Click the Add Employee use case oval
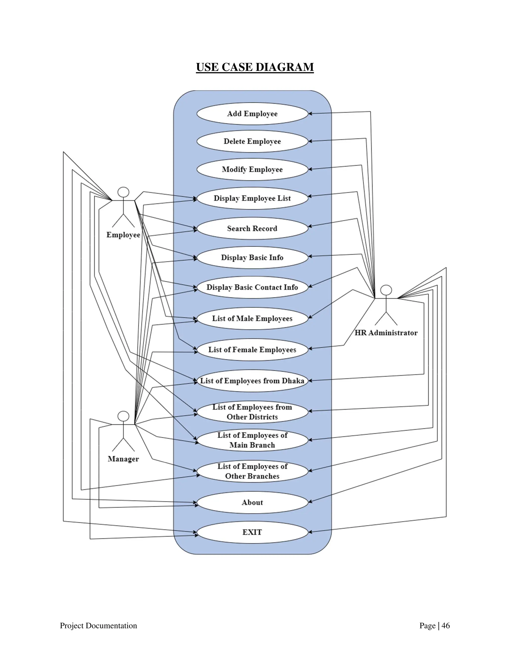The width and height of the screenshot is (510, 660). [x=252, y=114]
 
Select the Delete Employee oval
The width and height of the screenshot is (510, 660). [x=252, y=141]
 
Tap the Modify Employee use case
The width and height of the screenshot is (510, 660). [x=252, y=170]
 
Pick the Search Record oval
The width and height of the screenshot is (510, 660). [x=252, y=228]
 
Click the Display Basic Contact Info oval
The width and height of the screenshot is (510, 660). [x=252, y=287]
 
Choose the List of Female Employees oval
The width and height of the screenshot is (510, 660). [x=252, y=350]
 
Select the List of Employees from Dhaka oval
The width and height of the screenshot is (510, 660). [x=252, y=381]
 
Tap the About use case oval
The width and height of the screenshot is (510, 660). [x=252, y=503]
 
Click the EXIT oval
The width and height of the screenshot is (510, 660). [x=252, y=532]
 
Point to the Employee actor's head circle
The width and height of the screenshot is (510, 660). [x=123, y=193]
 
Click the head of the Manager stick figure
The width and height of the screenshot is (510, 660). [x=123, y=416]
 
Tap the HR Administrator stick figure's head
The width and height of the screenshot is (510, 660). [x=386, y=290]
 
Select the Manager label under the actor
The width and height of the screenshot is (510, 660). [x=123, y=459]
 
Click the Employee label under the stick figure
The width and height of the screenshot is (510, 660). [x=123, y=235]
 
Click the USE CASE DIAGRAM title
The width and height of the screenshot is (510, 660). [x=255, y=67]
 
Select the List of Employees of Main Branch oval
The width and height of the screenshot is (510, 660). [x=252, y=440]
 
